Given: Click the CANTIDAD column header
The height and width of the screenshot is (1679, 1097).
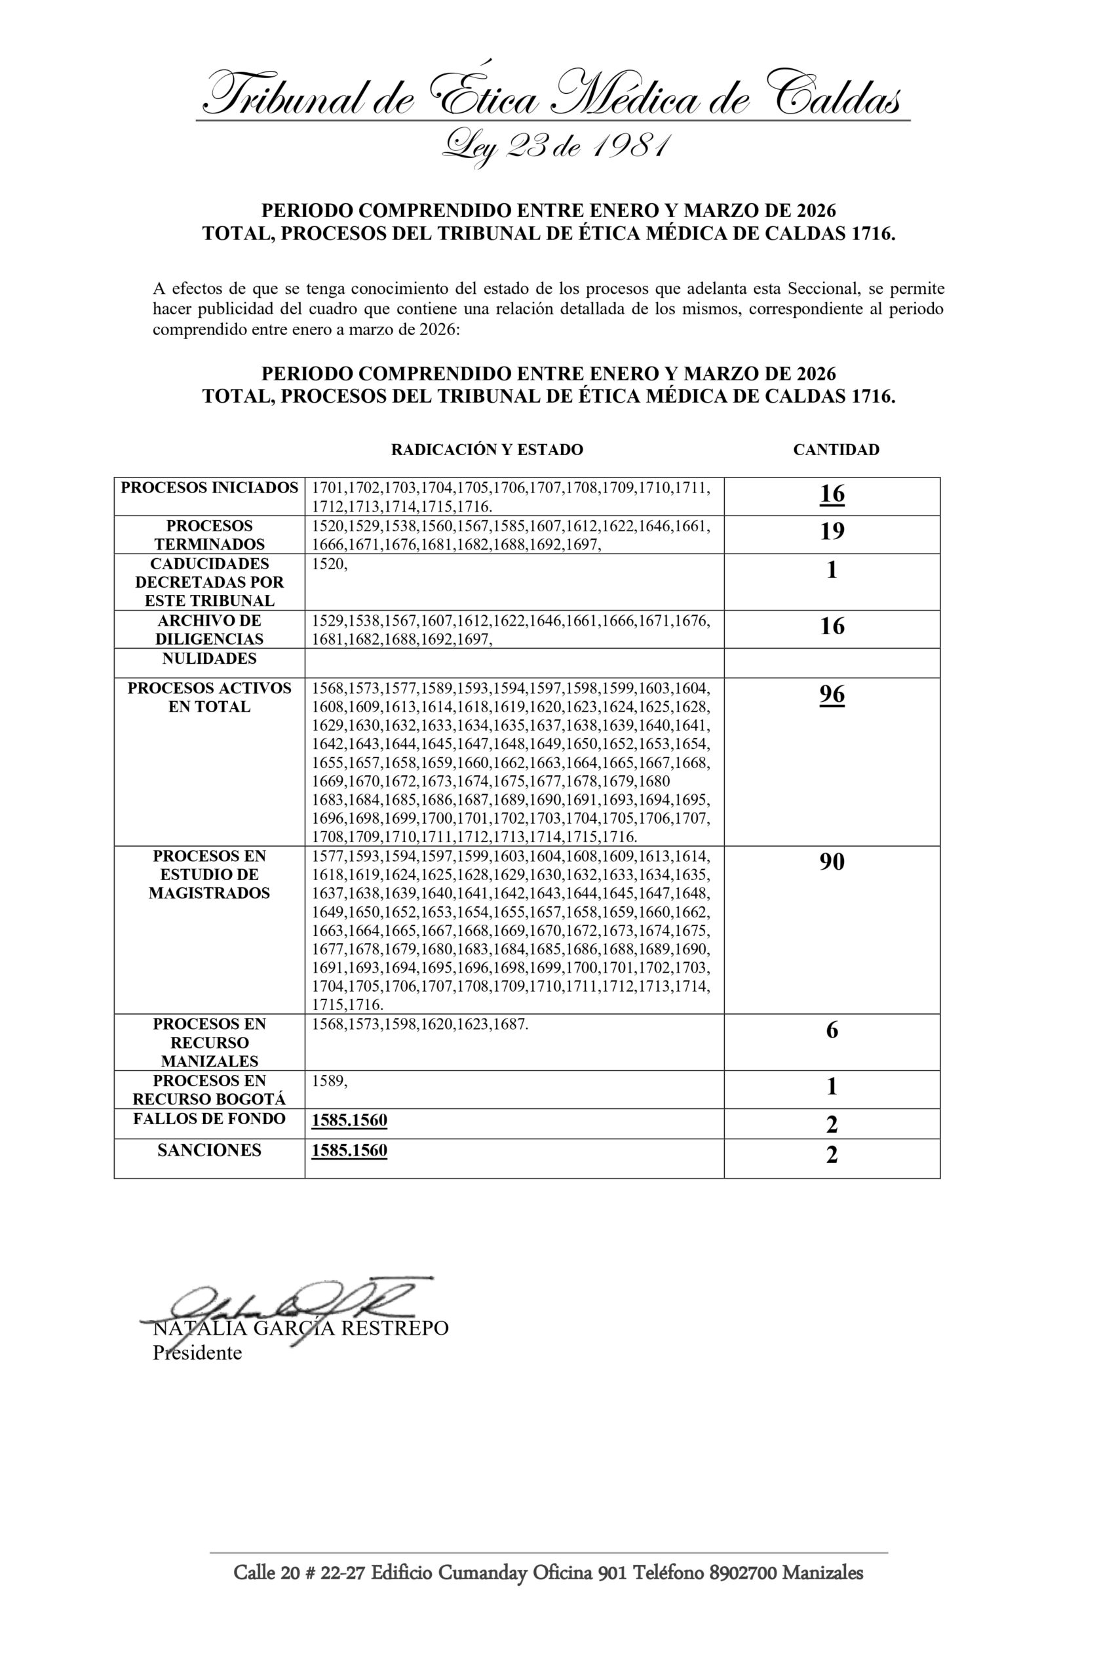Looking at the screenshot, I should tap(836, 449).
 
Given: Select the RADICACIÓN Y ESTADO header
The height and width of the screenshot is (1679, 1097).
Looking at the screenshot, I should tap(486, 449).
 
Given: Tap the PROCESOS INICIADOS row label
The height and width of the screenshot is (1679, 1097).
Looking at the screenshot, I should tap(210, 487).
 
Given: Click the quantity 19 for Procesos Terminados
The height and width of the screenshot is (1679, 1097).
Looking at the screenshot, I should tap(832, 531).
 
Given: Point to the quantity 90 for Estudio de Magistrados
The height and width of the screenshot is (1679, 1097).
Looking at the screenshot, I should tap(832, 861).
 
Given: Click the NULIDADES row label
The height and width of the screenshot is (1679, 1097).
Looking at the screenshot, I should tap(210, 658).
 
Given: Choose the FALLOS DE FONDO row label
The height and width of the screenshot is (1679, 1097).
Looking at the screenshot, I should tap(210, 1118).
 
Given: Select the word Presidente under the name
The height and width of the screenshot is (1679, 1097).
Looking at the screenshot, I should tap(197, 1352).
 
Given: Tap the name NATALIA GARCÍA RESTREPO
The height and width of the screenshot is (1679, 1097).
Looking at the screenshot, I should tap(300, 1328).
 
